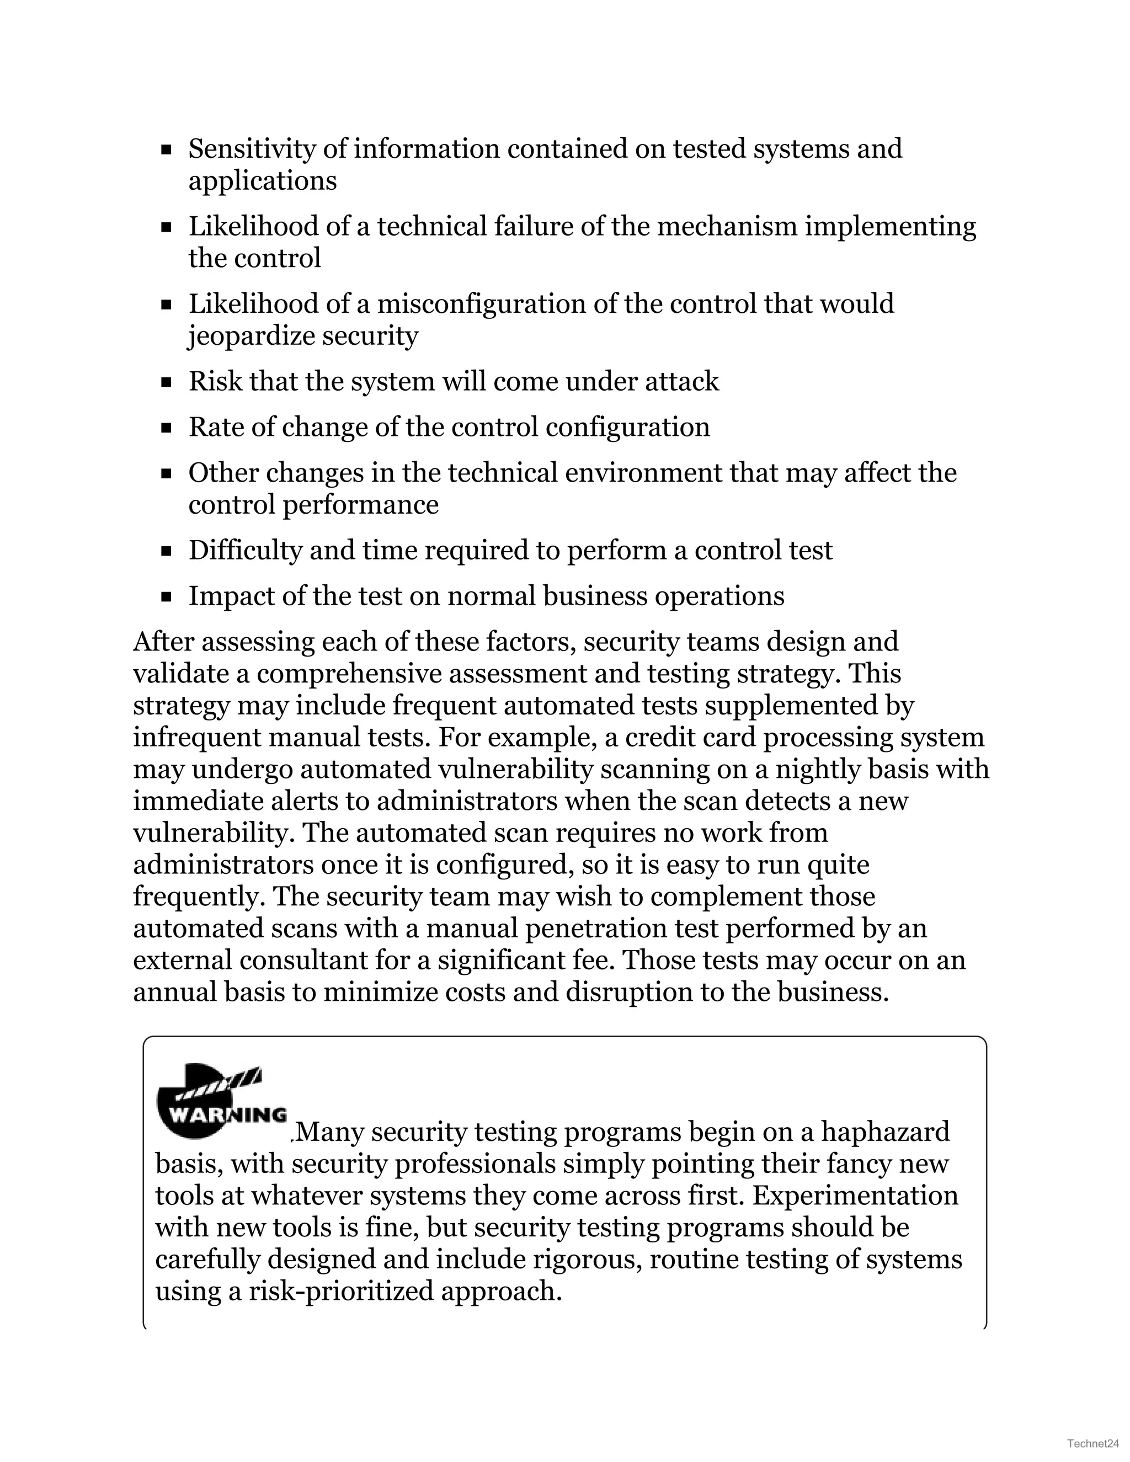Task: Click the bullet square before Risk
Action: [167, 382]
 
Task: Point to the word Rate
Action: [216, 427]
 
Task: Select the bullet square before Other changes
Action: [167, 474]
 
